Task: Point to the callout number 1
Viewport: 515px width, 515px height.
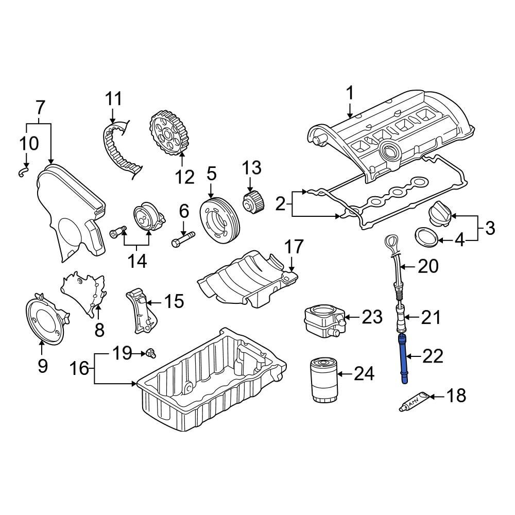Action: click(x=350, y=94)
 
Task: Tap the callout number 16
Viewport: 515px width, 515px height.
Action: click(x=80, y=369)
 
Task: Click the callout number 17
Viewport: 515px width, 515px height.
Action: click(x=294, y=247)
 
